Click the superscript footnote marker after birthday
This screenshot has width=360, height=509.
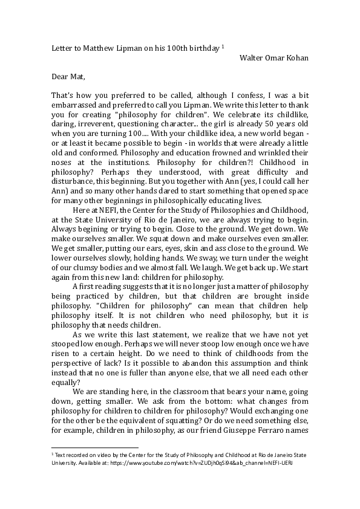tap(223, 46)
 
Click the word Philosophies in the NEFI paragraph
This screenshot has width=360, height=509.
tap(221, 209)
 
